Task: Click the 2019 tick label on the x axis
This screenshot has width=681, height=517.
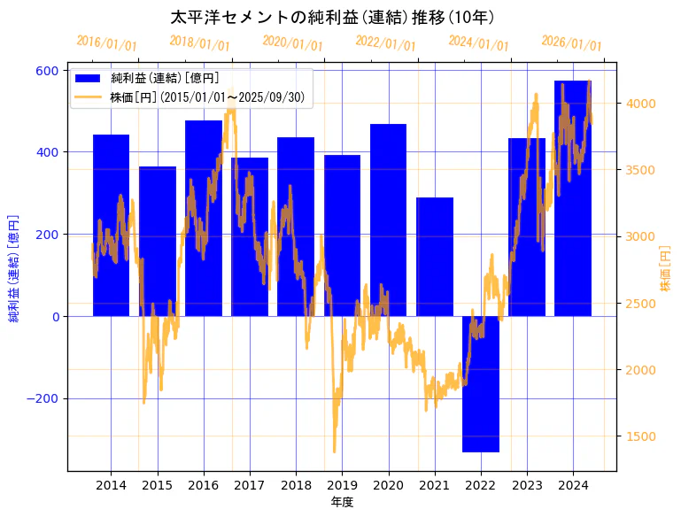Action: [x=342, y=485]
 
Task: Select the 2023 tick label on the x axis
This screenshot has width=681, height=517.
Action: [x=527, y=485]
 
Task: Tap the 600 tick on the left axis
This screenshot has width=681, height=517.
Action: [x=48, y=71]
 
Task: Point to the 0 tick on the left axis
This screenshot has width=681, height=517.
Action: [x=55, y=316]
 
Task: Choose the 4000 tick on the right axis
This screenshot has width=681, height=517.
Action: [x=640, y=104]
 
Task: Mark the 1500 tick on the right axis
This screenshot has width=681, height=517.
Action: [x=640, y=436]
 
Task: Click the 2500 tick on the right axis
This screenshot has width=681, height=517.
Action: [x=640, y=304]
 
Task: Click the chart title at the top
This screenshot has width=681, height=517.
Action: [x=332, y=17]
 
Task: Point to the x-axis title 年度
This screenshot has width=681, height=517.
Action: [x=342, y=502]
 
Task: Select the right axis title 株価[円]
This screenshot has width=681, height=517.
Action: [x=666, y=270]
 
